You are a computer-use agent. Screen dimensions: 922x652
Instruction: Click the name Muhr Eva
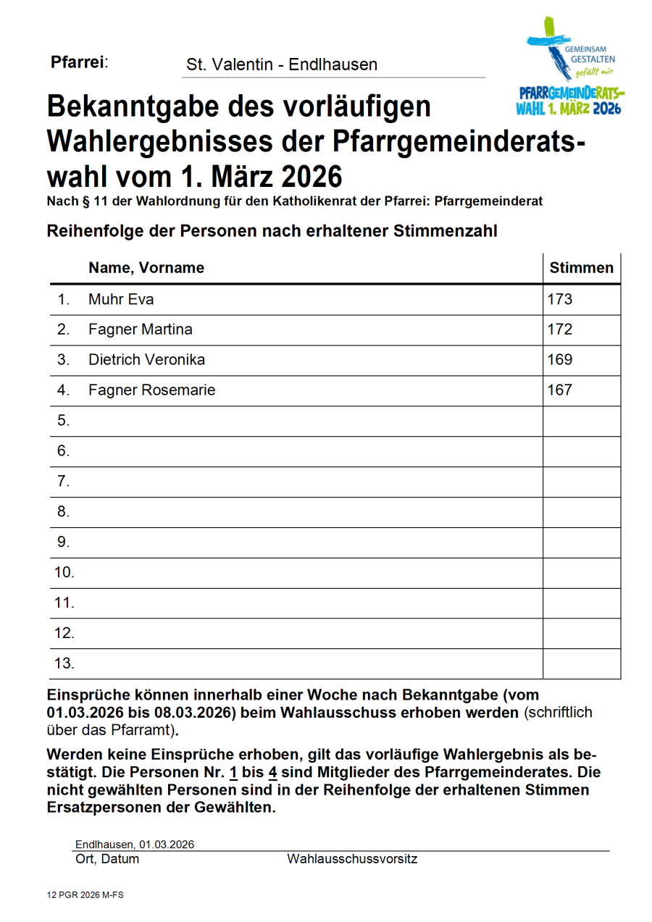coord(120,299)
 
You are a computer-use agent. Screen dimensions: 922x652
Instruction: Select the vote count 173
coord(560,299)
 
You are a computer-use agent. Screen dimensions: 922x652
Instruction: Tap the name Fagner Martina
coord(140,330)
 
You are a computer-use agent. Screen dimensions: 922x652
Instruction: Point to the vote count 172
coord(560,330)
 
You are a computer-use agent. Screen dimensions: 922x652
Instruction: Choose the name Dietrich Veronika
coord(146,360)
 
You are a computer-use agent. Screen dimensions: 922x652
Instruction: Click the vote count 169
coord(560,360)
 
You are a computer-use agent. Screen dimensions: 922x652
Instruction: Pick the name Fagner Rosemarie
coord(151,390)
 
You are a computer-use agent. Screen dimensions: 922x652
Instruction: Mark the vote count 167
coord(560,390)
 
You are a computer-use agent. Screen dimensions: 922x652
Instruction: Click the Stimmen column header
coord(581,268)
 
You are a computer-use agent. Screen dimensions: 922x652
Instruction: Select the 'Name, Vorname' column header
coord(146,268)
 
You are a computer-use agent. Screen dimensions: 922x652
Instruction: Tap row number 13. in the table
coord(64,663)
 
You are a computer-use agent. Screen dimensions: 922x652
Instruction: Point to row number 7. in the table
coord(63,481)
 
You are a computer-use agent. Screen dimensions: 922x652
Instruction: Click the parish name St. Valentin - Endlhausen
coord(281,64)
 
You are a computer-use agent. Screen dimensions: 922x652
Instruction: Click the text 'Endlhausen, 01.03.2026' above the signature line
coord(134,845)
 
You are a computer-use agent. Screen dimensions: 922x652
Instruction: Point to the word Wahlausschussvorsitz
coord(352,860)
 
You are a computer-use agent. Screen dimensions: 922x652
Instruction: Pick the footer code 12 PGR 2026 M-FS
coord(85,896)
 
